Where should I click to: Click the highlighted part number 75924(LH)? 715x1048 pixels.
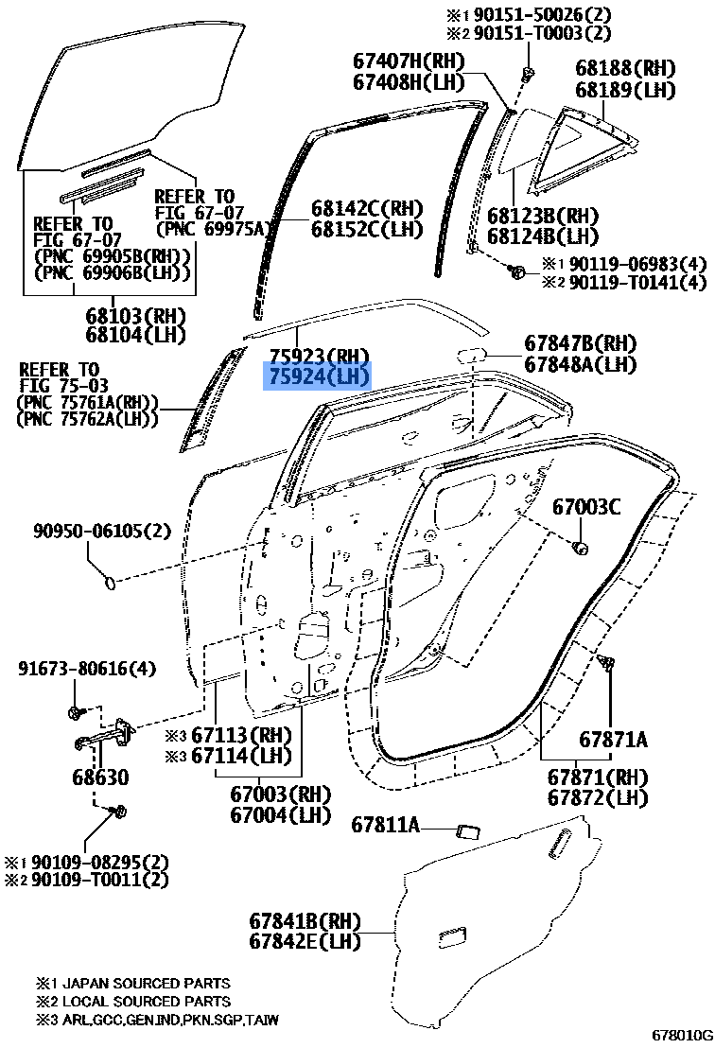click(319, 377)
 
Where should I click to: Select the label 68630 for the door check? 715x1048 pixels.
click(101, 777)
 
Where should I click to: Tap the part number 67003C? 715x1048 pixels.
click(586, 507)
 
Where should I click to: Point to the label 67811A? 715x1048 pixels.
click(386, 826)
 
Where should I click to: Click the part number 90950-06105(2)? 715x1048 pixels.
click(102, 531)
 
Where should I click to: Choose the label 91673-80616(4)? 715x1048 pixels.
click(87, 668)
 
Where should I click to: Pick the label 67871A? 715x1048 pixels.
click(614, 740)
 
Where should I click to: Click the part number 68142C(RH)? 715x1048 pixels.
click(367, 208)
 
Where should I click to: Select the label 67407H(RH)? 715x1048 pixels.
click(409, 61)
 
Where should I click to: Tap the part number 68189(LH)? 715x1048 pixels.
click(625, 89)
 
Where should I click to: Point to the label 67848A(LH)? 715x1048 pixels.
click(581, 364)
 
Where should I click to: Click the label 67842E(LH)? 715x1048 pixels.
click(305, 941)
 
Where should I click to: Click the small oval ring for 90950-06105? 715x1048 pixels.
click(109, 584)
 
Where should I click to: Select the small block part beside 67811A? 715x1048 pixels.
click(469, 830)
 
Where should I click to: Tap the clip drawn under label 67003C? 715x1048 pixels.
click(581, 547)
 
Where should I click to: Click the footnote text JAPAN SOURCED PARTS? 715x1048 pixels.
click(147, 983)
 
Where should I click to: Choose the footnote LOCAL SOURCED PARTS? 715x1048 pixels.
click(147, 1002)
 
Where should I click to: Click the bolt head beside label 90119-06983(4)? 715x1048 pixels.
click(515, 271)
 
